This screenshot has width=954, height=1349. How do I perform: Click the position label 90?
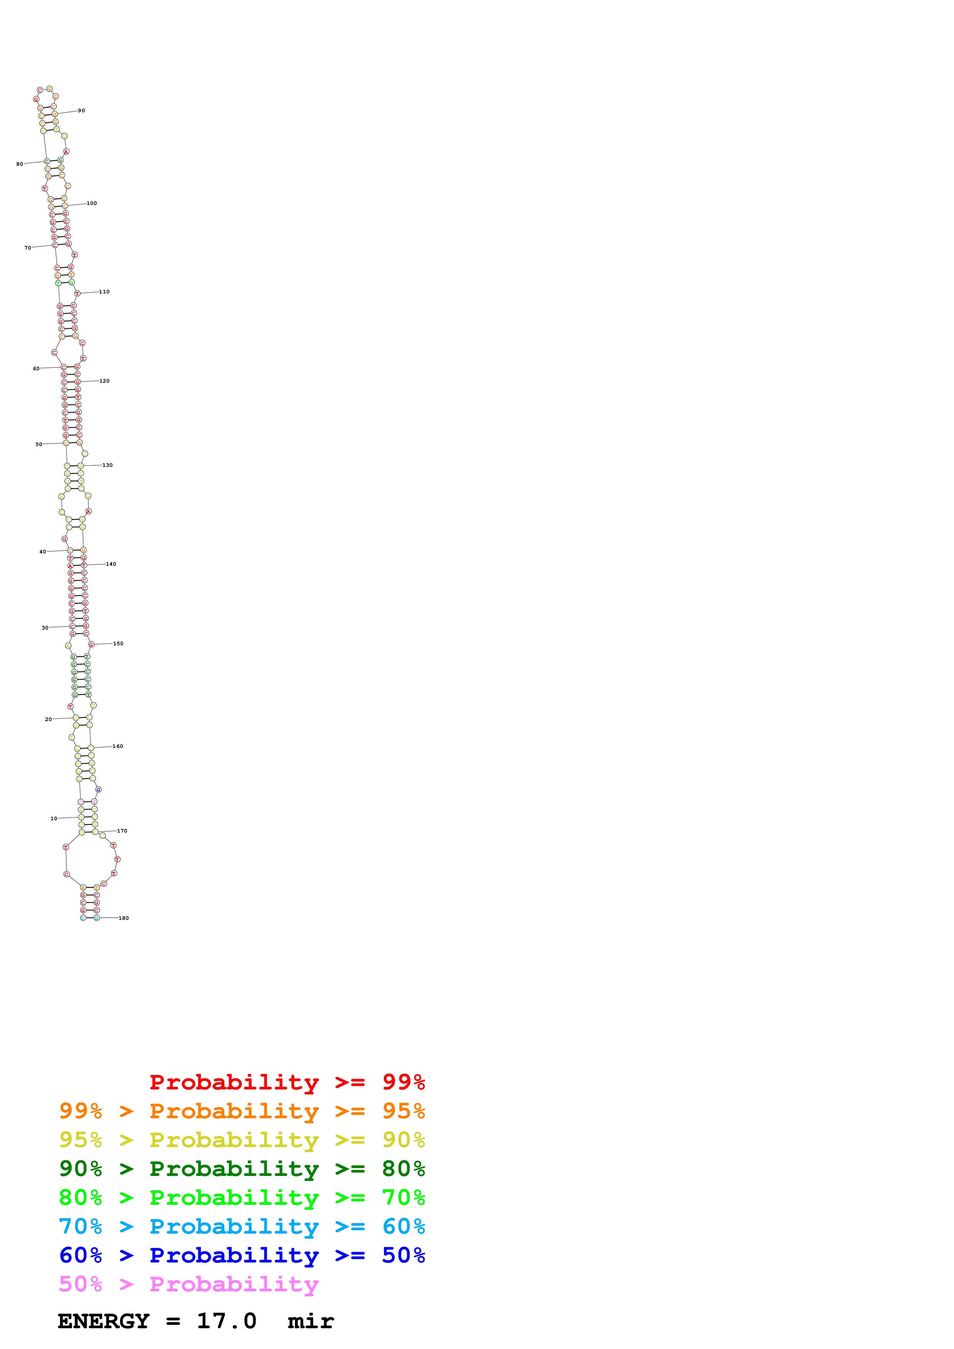click(x=82, y=110)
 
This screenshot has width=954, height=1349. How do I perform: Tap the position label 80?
click(x=19, y=164)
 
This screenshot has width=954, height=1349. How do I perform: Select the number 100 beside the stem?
click(x=92, y=203)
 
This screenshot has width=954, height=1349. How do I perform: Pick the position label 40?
click(x=42, y=552)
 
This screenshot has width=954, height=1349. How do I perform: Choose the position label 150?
click(x=118, y=643)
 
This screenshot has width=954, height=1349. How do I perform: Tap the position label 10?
click(x=53, y=818)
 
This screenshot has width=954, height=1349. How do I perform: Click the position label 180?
click(x=124, y=918)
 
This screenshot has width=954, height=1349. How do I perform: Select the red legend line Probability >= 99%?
click(x=287, y=1082)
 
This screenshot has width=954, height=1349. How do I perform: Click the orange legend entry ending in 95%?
click(x=242, y=1111)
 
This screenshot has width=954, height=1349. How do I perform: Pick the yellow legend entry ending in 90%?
click(x=242, y=1140)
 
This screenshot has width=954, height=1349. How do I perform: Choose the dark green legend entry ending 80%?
click(x=242, y=1169)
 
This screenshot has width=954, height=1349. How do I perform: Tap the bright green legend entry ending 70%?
click(x=242, y=1197)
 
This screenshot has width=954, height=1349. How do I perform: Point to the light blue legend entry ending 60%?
click(x=242, y=1226)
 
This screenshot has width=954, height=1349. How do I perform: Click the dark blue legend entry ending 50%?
click(x=242, y=1255)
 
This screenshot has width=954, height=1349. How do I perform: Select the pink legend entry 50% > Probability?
click(x=189, y=1284)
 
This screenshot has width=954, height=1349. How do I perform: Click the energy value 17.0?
click(x=226, y=1321)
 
